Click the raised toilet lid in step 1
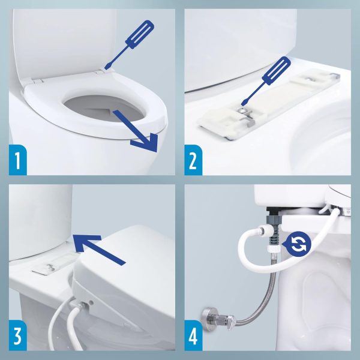pyautogui.click(x=60, y=42)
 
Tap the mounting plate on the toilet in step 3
pyautogui.click(x=51, y=264)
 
